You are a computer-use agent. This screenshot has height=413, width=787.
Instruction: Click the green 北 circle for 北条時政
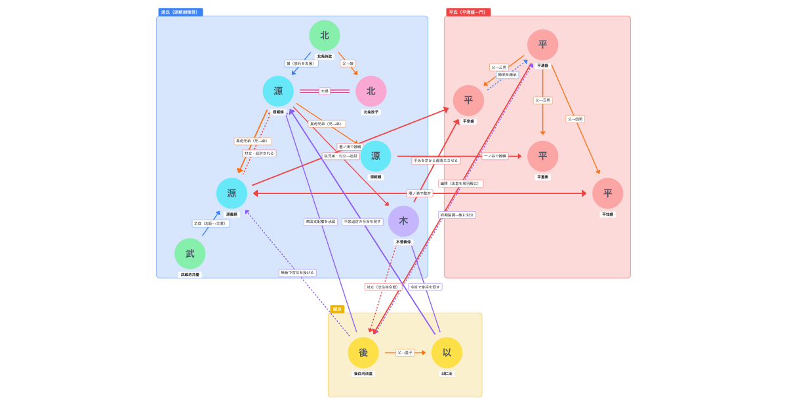click(325, 35)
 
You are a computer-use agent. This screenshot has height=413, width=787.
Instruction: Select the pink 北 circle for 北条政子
click(371, 91)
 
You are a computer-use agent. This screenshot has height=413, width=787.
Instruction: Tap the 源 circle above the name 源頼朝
click(278, 91)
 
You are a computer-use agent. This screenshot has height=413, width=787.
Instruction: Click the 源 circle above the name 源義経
click(232, 193)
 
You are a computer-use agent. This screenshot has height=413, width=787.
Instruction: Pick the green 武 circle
click(190, 254)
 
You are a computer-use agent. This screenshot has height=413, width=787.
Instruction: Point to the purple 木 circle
click(403, 222)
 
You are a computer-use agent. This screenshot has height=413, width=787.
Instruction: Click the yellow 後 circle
click(363, 353)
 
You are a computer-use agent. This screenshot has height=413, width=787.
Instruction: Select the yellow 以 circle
click(447, 353)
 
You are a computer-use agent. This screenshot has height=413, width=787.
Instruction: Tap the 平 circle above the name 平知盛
click(607, 193)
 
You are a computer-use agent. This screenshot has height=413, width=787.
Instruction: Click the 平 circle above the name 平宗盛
click(468, 100)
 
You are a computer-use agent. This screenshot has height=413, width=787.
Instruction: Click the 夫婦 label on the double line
click(325, 91)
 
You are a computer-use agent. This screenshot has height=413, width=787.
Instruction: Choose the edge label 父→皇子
click(405, 353)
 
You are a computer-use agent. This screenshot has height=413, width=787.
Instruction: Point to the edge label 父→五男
click(542, 100)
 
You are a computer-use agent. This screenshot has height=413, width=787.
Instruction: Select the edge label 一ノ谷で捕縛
click(495, 156)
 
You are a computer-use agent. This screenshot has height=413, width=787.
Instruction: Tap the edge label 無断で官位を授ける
click(298, 273)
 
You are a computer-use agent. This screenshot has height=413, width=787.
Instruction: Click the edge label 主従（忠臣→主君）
click(211, 224)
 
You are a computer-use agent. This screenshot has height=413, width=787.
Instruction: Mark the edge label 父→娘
click(348, 64)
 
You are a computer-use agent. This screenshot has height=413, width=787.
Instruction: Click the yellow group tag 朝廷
click(336, 309)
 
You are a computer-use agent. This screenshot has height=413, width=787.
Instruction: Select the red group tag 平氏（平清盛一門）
click(468, 12)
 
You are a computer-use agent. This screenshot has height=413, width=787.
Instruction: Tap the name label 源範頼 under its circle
click(375, 177)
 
